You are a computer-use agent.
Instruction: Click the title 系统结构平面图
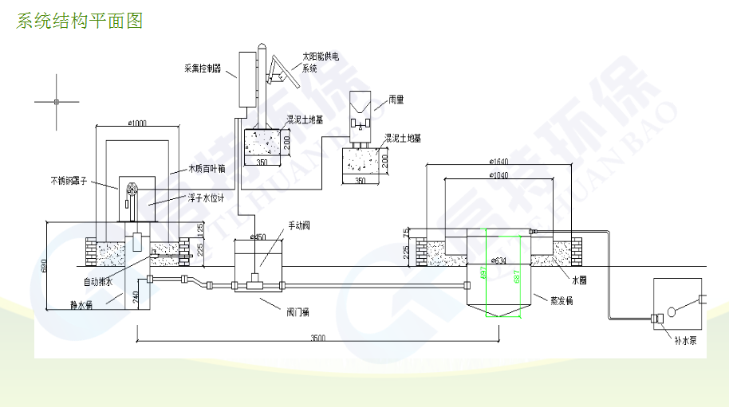(80, 22)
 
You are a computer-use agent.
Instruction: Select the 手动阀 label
(298, 225)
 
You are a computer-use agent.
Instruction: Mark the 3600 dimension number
(317, 339)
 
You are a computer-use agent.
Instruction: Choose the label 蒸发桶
(562, 300)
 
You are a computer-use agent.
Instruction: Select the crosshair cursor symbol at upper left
(56, 101)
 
